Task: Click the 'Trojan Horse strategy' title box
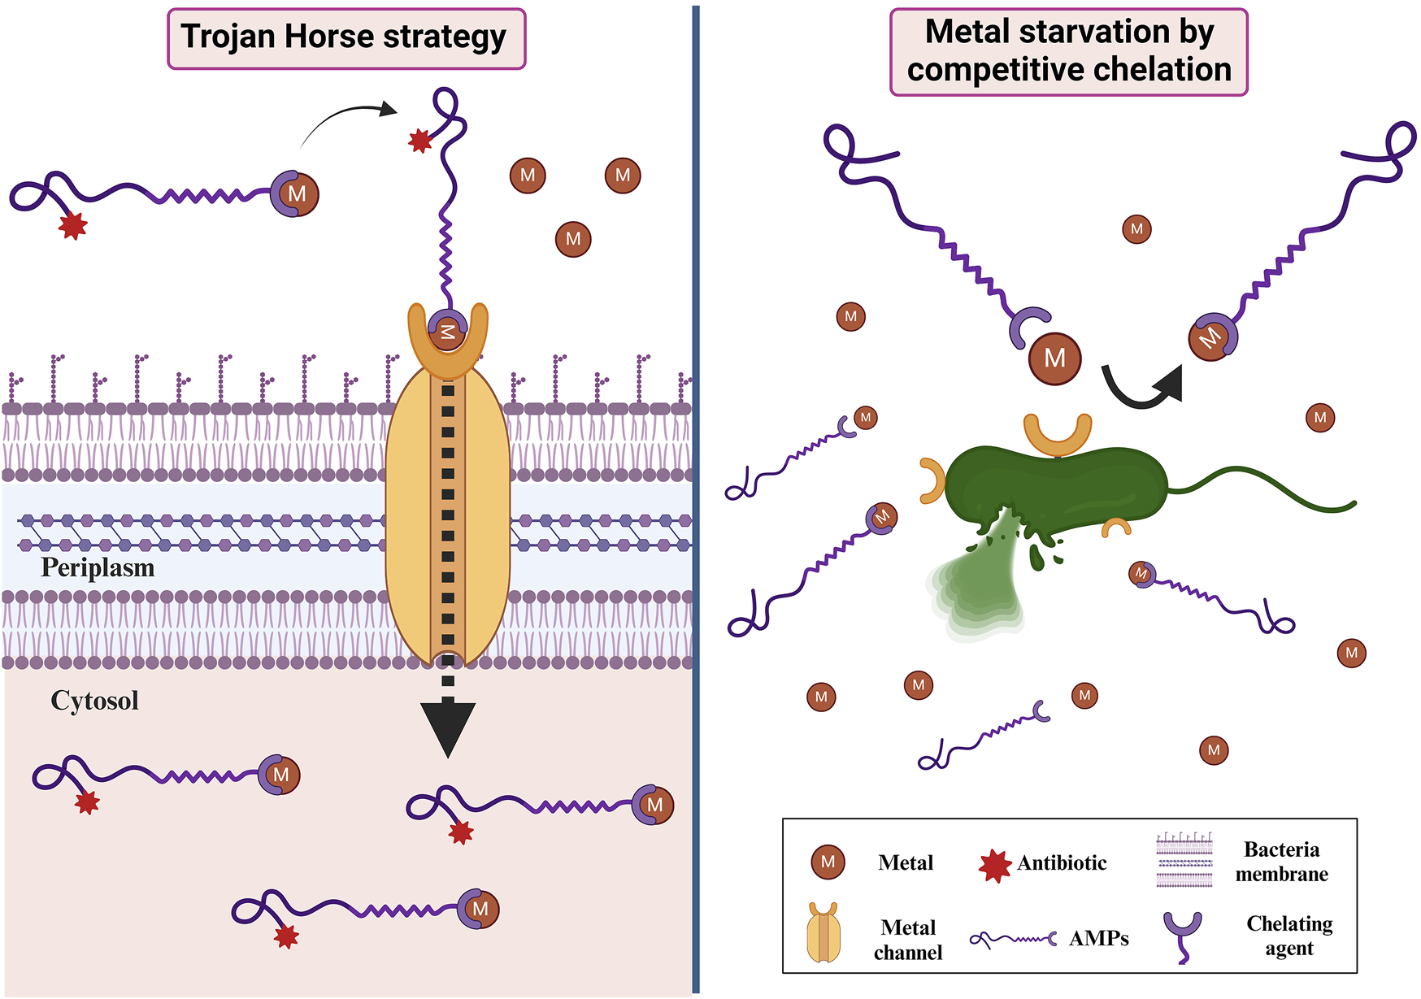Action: [346, 38]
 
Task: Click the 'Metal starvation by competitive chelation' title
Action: [1068, 51]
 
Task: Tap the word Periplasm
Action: [98, 567]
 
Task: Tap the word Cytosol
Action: [94, 701]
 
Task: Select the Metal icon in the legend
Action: [828, 862]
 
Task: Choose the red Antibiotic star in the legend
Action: [994, 866]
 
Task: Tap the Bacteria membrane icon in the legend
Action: [1184, 860]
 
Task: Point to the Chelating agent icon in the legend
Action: [1183, 935]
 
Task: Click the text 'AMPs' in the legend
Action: [1098, 939]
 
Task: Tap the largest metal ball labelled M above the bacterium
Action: [1054, 358]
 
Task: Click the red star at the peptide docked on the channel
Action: [419, 141]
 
